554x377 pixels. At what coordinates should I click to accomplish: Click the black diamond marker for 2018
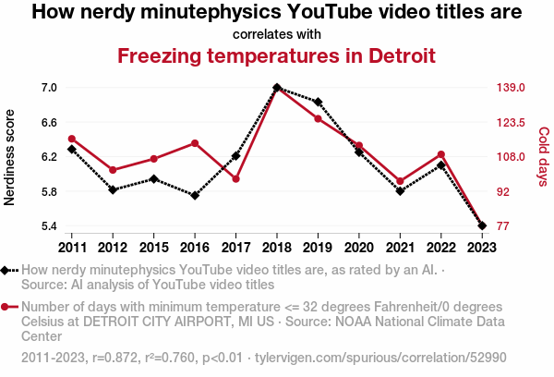click(x=277, y=88)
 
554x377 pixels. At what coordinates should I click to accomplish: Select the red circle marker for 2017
click(x=236, y=179)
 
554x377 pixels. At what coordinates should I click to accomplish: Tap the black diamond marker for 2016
click(x=195, y=195)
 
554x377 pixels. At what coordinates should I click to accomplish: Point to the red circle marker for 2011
click(x=72, y=139)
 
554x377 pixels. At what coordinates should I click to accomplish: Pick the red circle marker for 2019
click(x=318, y=119)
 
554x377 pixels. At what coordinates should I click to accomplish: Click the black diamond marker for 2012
click(x=113, y=190)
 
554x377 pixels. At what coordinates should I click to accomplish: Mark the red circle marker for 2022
click(x=441, y=154)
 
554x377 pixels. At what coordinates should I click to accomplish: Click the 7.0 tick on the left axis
click(x=49, y=88)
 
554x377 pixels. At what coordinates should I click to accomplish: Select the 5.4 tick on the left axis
click(x=49, y=226)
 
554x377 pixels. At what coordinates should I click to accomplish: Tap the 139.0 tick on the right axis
click(x=511, y=88)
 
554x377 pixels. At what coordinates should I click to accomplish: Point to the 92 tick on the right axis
click(x=503, y=191)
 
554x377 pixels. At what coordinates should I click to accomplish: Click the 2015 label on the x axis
click(x=153, y=248)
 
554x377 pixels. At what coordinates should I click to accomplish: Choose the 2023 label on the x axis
click(x=482, y=248)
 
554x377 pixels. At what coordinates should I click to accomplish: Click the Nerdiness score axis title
click(x=9, y=157)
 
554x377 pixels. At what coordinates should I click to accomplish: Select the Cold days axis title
click(x=544, y=157)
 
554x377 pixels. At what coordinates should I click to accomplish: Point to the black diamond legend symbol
click(x=9, y=271)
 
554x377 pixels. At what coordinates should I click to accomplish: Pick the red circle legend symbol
click(x=9, y=307)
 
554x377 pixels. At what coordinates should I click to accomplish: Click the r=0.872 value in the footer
click(x=114, y=358)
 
